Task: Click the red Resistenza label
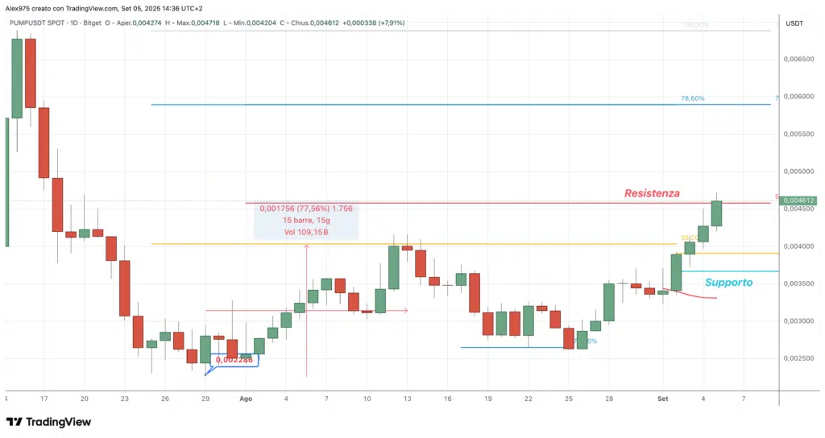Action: point(652,193)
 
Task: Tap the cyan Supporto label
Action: point(728,283)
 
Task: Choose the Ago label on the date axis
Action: point(246,399)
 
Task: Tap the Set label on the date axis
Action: point(663,399)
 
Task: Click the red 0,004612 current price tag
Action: point(799,200)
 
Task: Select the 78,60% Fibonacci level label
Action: point(692,98)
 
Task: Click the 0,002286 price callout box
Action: point(234,360)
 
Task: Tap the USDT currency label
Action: point(794,23)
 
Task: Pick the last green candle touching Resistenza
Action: point(715,213)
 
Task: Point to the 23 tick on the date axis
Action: point(124,399)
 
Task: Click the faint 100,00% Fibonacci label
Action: point(694,25)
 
